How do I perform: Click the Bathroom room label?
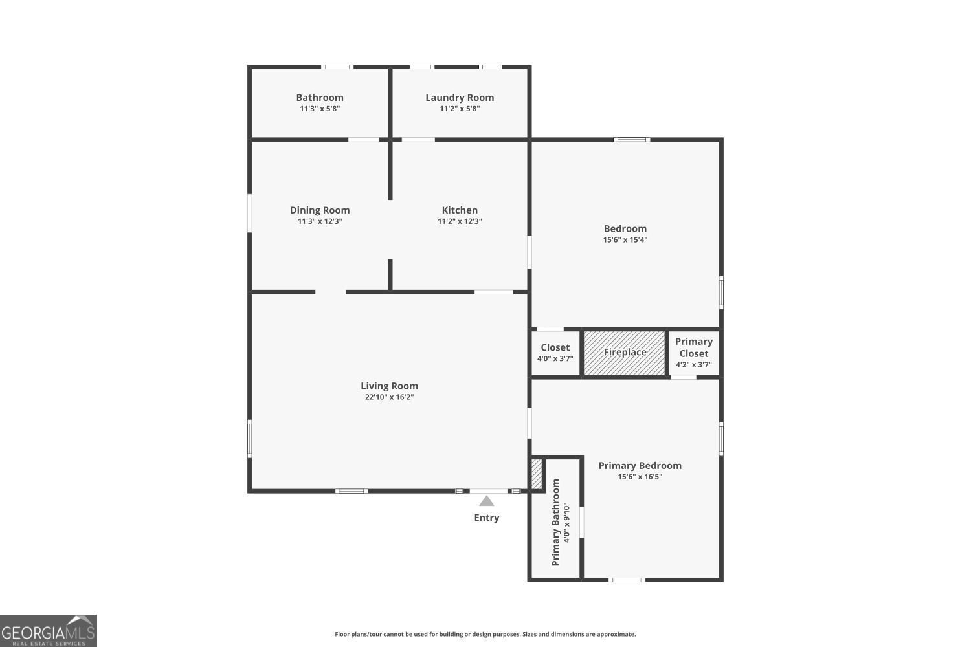(x=320, y=98)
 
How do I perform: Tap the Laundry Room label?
(x=460, y=98)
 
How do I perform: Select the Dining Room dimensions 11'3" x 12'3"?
(x=320, y=221)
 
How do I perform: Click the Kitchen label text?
(x=460, y=210)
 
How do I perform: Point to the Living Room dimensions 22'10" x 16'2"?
(x=389, y=397)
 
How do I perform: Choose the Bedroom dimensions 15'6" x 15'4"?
(x=625, y=239)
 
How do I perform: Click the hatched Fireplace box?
(x=624, y=353)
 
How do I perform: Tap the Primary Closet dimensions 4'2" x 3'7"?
(x=693, y=364)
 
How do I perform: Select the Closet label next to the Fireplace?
(x=555, y=347)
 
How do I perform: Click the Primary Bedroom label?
(x=640, y=465)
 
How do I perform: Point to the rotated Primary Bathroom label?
(x=555, y=522)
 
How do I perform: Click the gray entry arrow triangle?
(x=486, y=501)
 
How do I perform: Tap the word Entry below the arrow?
(x=486, y=518)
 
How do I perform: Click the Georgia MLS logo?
(x=48, y=631)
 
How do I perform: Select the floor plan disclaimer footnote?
(x=485, y=634)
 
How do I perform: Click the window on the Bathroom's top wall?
(x=337, y=67)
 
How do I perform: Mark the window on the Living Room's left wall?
(x=250, y=439)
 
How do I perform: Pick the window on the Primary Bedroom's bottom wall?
(x=627, y=580)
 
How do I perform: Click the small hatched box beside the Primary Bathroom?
(x=537, y=474)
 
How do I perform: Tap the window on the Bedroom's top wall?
(x=632, y=140)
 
